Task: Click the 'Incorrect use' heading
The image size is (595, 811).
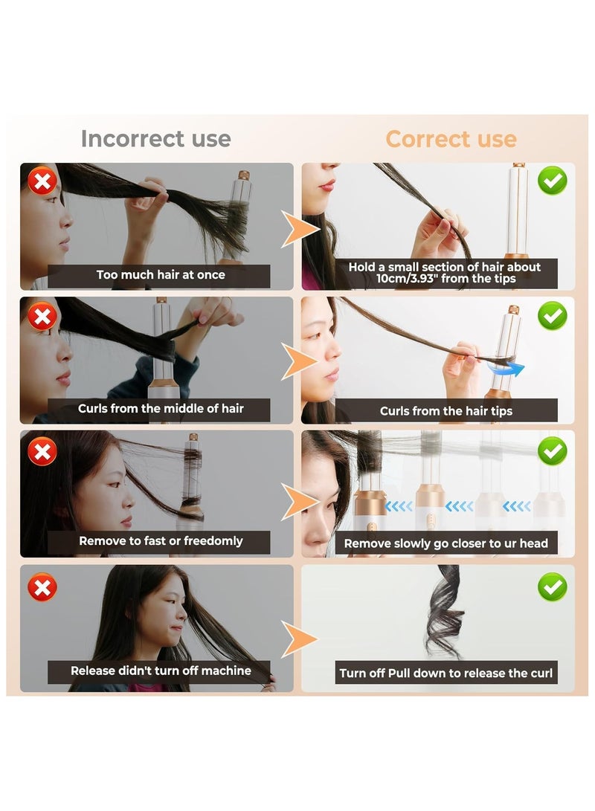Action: (x=155, y=139)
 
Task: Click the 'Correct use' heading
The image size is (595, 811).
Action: (x=451, y=139)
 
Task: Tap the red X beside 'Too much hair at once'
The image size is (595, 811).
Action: (x=42, y=181)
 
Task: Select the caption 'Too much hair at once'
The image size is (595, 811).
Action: (x=161, y=275)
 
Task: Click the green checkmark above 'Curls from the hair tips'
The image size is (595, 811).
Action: (x=553, y=316)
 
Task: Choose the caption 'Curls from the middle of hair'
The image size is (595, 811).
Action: (x=161, y=409)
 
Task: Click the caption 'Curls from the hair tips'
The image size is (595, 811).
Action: (x=446, y=411)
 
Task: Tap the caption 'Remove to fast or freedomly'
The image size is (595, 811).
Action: (x=161, y=541)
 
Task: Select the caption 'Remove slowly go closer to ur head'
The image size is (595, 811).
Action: (x=446, y=543)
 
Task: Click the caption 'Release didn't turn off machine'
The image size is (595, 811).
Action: (x=161, y=671)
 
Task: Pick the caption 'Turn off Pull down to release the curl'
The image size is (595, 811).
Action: (x=446, y=673)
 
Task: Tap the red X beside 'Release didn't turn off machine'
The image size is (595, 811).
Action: (x=42, y=588)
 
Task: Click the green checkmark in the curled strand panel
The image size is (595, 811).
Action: (x=553, y=587)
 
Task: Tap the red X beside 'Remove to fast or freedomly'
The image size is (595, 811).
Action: (x=42, y=450)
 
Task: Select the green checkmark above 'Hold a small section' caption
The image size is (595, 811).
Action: (x=553, y=181)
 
